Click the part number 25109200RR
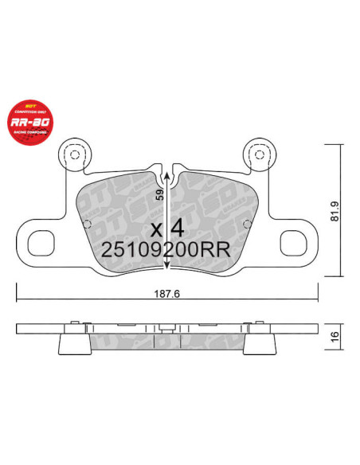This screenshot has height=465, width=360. coord(166,248)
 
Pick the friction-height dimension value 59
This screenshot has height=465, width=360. coord(160,193)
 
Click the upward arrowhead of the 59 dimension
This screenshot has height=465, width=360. coord(166,174)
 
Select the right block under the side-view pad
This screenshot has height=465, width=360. coord(259,343)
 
